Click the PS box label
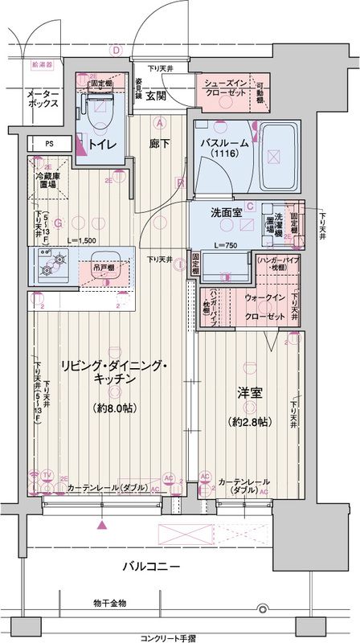(49, 145)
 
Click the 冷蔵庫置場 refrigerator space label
(46, 178)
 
